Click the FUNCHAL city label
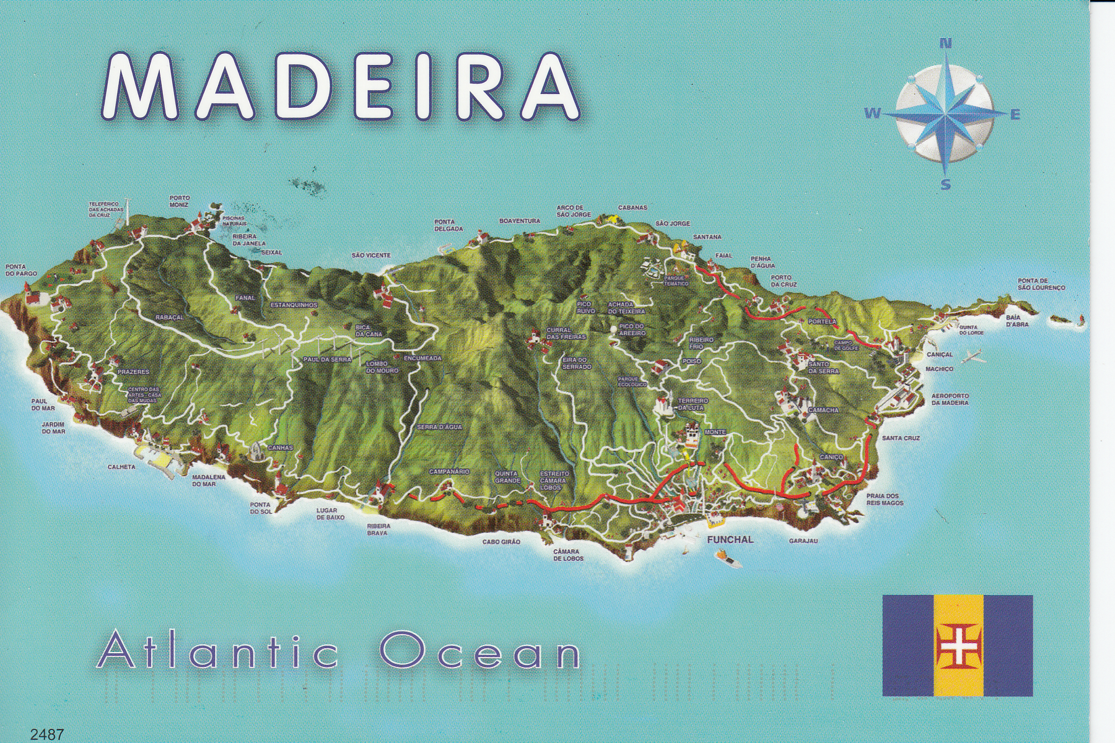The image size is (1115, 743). pyautogui.click(x=730, y=540)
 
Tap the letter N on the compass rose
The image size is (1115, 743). pyautogui.click(x=945, y=44)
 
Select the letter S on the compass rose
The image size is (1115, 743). pyautogui.click(x=945, y=185)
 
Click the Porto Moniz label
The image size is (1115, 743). pyautogui.click(x=179, y=201)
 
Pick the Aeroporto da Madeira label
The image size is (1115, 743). pyautogui.click(x=950, y=399)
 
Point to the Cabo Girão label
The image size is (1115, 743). pyautogui.click(x=501, y=542)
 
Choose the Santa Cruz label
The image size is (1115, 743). pyautogui.click(x=901, y=438)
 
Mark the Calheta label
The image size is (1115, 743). pyautogui.click(x=121, y=467)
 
